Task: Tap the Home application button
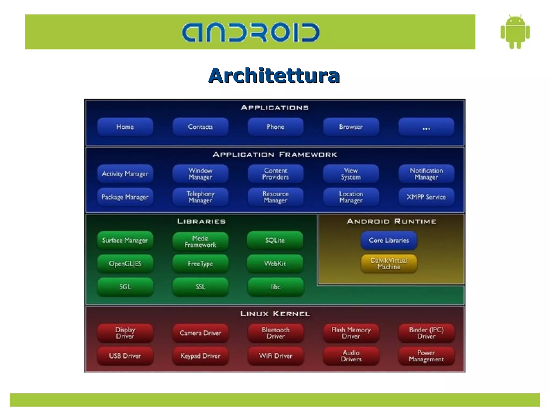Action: pyautogui.click(x=125, y=127)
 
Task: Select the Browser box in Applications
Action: pyautogui.click(x=351, y=127)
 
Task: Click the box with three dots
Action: pyautogui.click(x=426, y=127)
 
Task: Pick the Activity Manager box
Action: pyautogui.click(x=125, y=174)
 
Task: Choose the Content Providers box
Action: pyautogui.click(x=275, y=174)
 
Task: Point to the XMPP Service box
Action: pyautogui.click(x=426, y=197)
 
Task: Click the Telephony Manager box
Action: pyautogui.click(x=200, y=197)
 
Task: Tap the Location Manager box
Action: pyautogui.click(x=351, y=197)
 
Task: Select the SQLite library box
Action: pyautogui.click(x=275, y=240)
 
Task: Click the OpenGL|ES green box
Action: pyautogui.click(x=125, y=263)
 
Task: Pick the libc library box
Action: pyautogui.click(x=276, y=287)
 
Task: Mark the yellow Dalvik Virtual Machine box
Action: pyautogui.click(x=389, y=264)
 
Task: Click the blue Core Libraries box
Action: pyautogui.click(x=389, y=240)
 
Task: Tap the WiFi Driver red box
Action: pyautogui.click(x=276, y=356)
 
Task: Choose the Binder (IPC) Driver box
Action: pyautogui.click(x=426, y=333)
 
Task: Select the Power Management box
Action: pyautogui.click(x=426, y=356)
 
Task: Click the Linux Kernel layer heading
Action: pyautogui.click(x=275, y=314)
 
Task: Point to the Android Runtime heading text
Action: pyautogui.click(x=391, y=221)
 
